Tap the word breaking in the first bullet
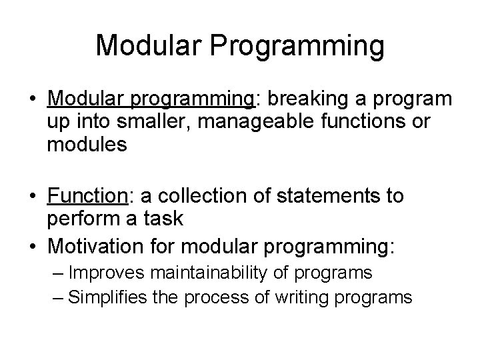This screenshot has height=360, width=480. (301, 99)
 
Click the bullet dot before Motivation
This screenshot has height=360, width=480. (30, 247)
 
